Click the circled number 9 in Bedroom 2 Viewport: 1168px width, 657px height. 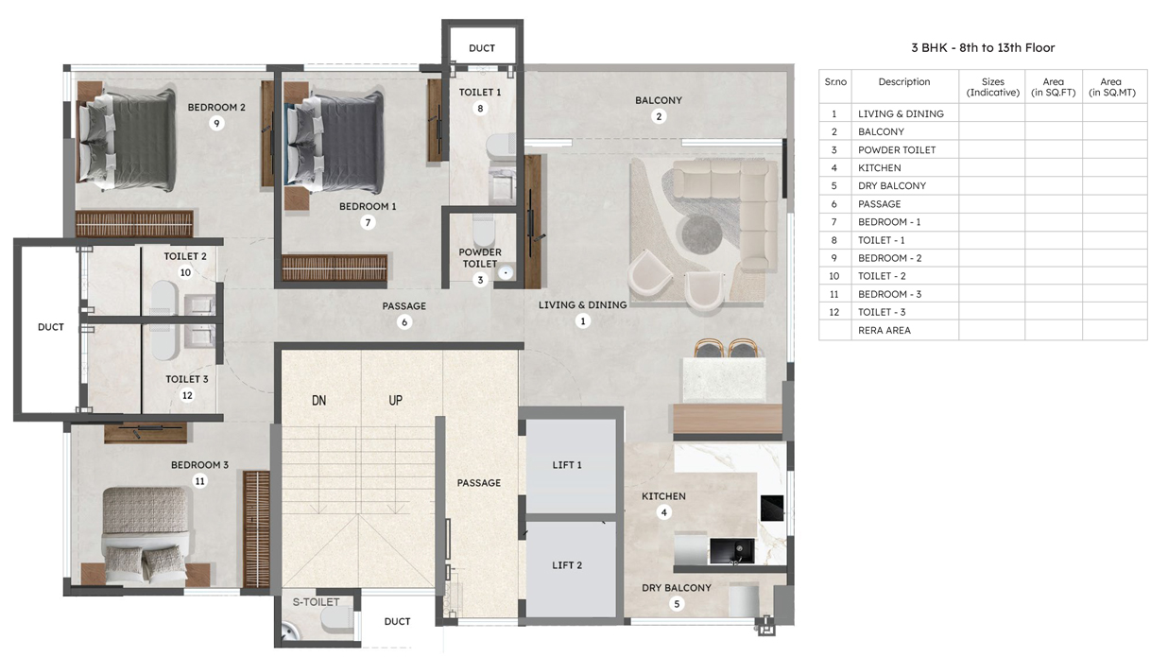tap(216, 124)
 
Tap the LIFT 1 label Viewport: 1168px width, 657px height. tap(567, 464)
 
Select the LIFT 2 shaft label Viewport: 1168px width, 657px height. tap(567, 565)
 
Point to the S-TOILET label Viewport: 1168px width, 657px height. tap(316, 602)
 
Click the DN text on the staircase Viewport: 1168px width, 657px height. tap(319, 401)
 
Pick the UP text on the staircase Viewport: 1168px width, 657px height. tap(395, 401)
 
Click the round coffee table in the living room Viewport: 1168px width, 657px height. tap(702, 234)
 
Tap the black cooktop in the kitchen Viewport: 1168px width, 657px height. tap(772, 508)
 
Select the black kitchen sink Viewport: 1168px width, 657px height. tap(731, 552)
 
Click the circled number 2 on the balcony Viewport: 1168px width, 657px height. tap(659, 116)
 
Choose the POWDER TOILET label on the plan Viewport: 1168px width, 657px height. tap(480, 258)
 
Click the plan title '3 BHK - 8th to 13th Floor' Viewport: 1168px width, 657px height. tap(983, 48)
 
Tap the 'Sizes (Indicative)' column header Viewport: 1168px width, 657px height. tap(993, 87)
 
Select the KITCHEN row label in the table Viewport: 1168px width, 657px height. tap(879, 168)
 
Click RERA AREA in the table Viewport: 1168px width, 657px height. tap(885, 330)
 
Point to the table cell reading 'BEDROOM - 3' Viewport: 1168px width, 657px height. tap(889, 294)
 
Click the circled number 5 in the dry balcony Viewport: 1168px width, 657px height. tap(677, 604)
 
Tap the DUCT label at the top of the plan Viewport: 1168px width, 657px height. tap(482, 48)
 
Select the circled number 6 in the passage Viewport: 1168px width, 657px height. tap(404, 322)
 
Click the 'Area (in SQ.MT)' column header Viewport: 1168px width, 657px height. tap(1112, 87)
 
